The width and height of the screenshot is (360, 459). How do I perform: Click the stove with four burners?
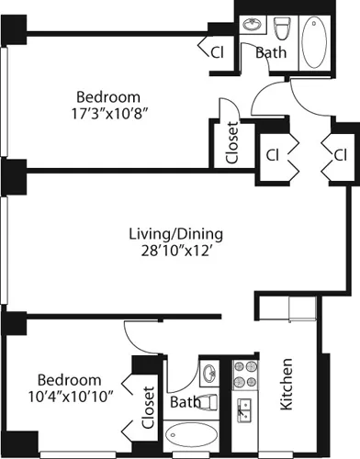click(x=245, y=375)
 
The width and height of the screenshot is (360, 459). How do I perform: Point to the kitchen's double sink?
click(x=245, y=408)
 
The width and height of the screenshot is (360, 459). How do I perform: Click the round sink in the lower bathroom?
click(x=210, y=374)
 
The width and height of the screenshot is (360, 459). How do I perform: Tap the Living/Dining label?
click(x=175, y=232)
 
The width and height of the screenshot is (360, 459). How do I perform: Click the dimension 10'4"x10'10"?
click(x=68, y=397)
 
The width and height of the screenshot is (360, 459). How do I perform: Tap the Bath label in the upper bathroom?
click(x=270, y=53)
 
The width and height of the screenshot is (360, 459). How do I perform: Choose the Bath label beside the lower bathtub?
click(x=185, y=403)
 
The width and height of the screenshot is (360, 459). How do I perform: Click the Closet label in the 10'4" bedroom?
click(x=149, y=409)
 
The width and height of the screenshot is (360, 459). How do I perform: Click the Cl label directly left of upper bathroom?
click(x=218, y=51)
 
